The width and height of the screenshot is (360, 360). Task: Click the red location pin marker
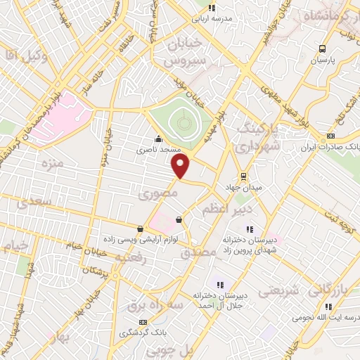[x=181, y=167]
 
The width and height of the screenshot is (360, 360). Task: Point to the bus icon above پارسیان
[x=322, y=49]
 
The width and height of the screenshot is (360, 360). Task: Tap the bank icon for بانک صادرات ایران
[x=331, y=136]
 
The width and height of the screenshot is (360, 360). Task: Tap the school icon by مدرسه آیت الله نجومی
[x=328, y=306]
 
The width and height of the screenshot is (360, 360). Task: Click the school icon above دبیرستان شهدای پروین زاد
[x=248, y=228]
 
